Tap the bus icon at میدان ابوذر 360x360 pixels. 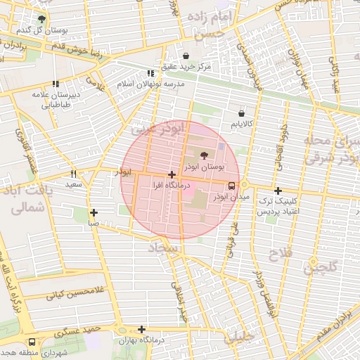(x=231, y=186)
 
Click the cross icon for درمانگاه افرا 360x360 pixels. (x=172, y=174)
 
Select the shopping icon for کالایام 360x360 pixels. (x=242, y=112)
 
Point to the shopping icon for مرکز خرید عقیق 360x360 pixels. (x=186, y=56)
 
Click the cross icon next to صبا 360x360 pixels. (x=94, y=212)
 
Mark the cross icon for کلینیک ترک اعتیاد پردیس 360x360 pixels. (x=278, y=191)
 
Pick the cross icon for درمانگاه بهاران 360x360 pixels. (x=142, y=329)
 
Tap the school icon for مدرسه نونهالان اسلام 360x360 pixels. (x=150, y=73)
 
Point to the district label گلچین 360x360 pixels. (x=321, y=266)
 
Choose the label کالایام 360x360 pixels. (x=242, y=124)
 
